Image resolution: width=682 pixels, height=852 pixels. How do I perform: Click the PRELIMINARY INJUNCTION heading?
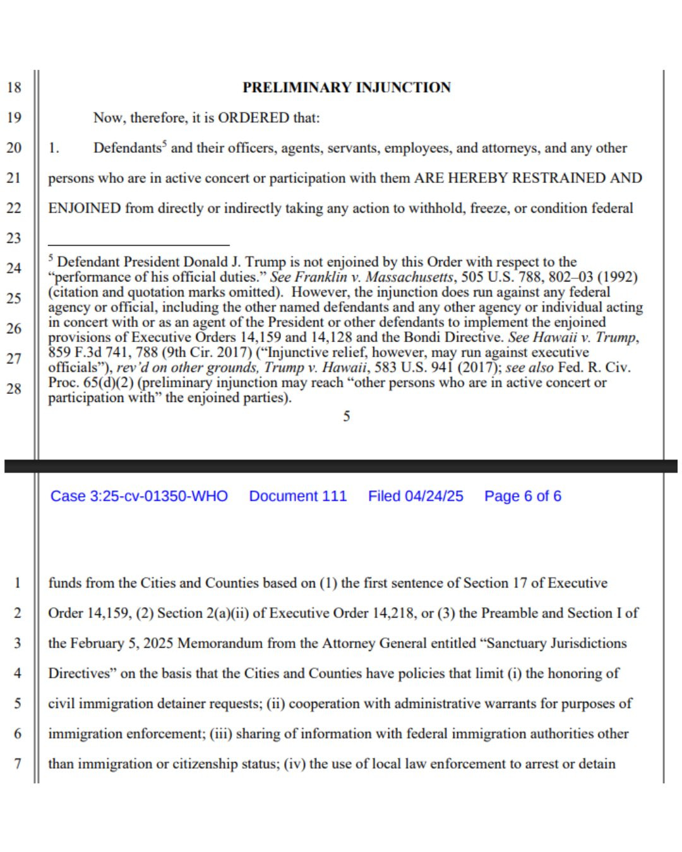pos(347,87)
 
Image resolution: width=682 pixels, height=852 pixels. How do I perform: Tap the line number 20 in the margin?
pos(14,148)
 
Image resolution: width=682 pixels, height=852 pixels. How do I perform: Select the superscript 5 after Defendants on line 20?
pos(164,144)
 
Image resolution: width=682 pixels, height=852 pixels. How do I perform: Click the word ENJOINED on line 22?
pos(84,208)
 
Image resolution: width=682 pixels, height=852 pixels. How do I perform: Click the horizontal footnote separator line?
pos(138,245)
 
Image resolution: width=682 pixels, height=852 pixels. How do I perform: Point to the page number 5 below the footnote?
pos(347,416)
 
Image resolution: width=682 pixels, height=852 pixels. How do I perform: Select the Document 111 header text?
pos(298,496)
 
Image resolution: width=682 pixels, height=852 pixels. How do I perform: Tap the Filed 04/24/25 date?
pos(416,496)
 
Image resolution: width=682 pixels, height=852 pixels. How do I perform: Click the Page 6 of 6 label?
pos(522,496)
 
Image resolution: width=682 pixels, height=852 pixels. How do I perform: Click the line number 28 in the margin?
pos(14,389)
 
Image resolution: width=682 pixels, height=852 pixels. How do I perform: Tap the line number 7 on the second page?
pos(18,764)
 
